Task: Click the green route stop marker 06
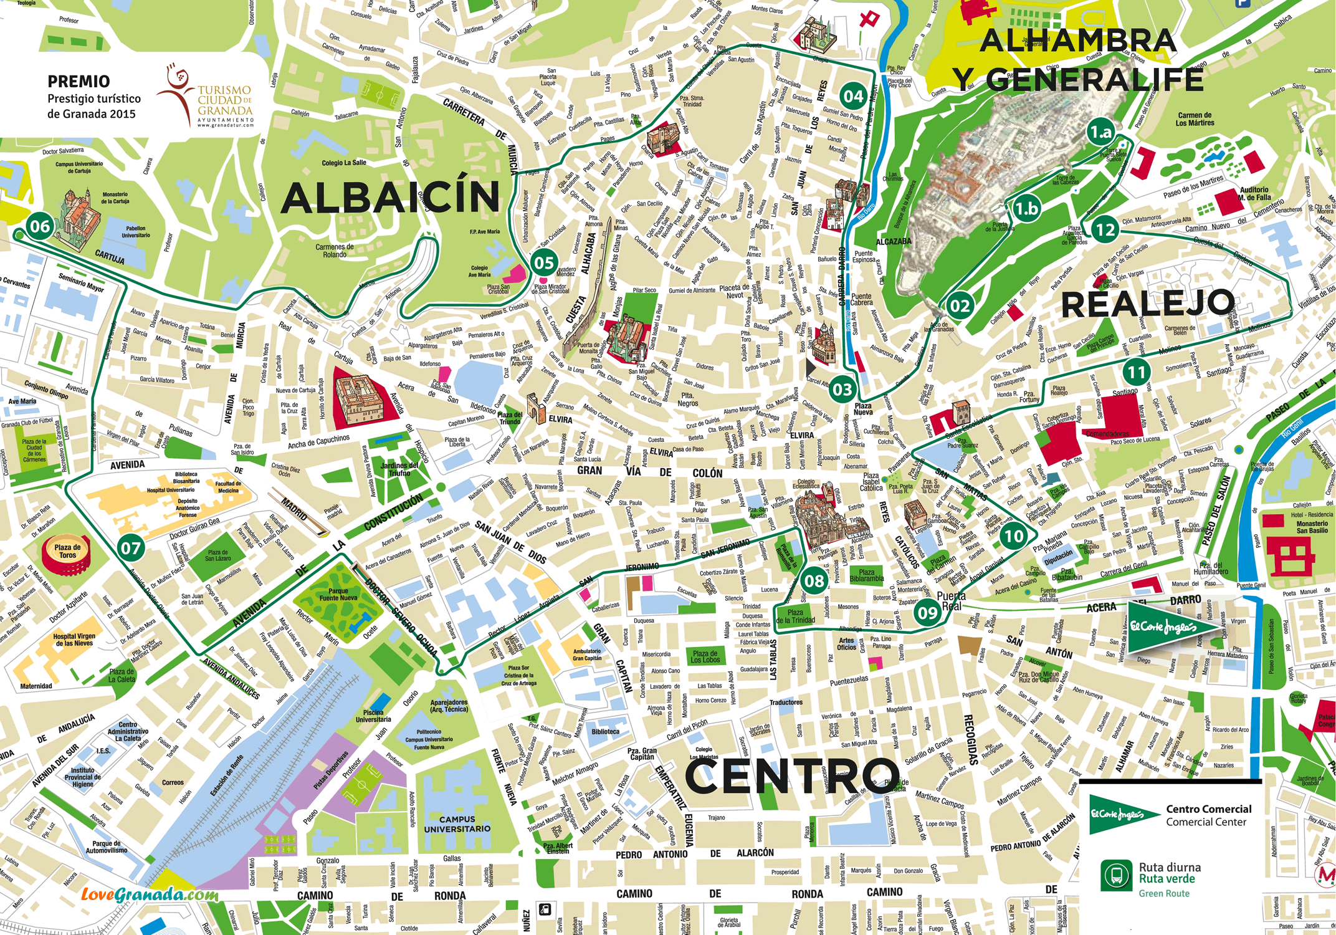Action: (40, 226)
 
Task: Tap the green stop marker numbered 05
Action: (544, 262)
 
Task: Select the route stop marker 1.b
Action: (1026, 209)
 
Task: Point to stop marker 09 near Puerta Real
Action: (927, 612)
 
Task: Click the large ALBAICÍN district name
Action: (391, 198)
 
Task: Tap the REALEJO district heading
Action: (1147, 305)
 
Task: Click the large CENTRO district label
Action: (792, 777)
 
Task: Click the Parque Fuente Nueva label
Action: (338, 594)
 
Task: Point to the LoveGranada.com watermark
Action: (150, 895)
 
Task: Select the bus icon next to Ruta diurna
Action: (1116, 875)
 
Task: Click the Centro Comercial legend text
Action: (1208, 815)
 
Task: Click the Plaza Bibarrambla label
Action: (866, 575)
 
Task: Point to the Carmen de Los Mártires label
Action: (1195, 119)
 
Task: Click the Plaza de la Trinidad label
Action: (795, 616)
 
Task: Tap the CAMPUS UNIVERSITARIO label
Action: (457, 824)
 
